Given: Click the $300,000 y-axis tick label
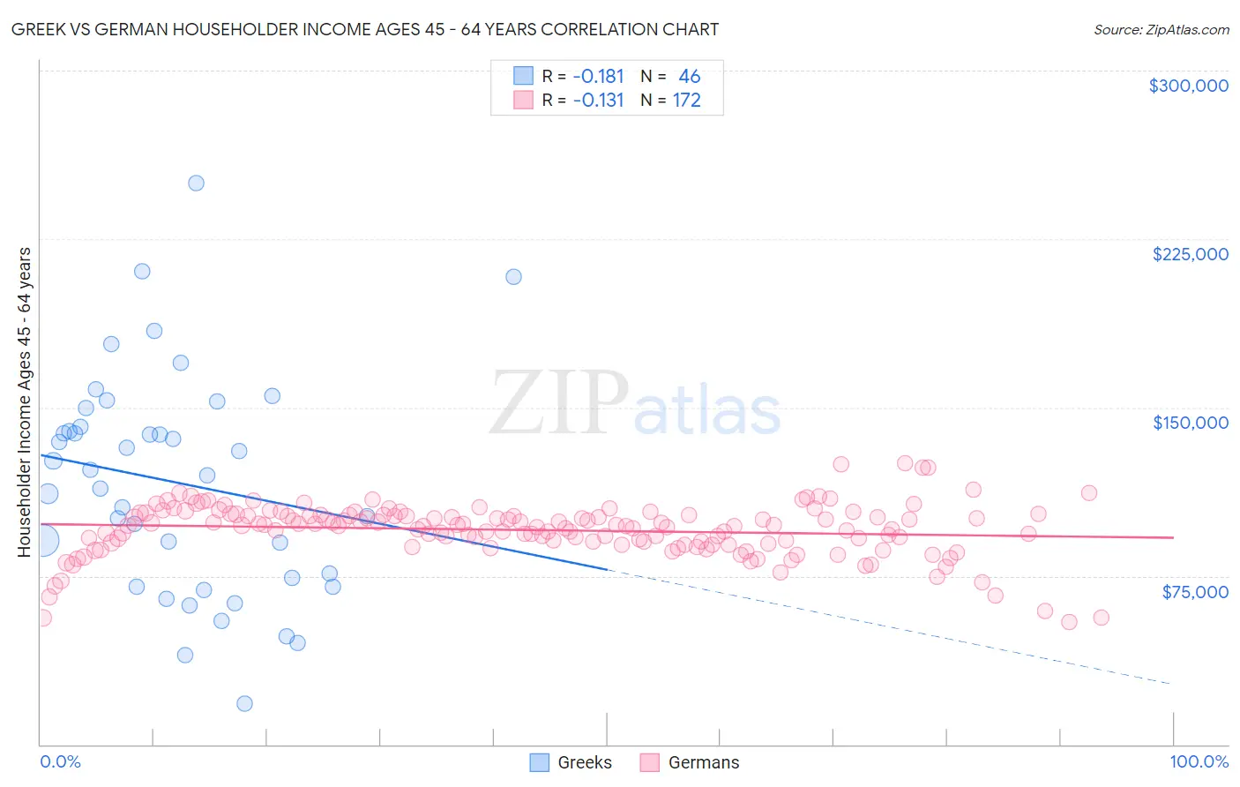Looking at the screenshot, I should pyautogui.click(x=1188, y=86).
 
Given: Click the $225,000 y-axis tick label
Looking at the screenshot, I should pyautogui.click(x=1190, y=254).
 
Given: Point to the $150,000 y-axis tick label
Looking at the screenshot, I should pyautogui.click(x=1190, y=423).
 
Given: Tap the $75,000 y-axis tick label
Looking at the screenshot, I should pyautogui.click(x=1194, y=592).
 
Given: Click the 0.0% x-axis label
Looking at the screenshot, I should pyautogui.click(x=60, y=761).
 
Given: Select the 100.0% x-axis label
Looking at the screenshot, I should pyautogui.click(x=1199, y=761).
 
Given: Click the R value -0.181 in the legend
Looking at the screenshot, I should pyautogui.click(x=598, y=77).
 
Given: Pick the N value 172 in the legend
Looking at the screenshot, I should pyautogui.click(x=686, y=101).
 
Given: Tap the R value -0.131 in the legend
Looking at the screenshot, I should pyautogui.click(x=598, y=101).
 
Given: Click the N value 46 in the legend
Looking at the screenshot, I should pyautogui.click(x=689, y=77).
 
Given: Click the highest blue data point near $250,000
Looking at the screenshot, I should pyautogui.click(x=196, y=184).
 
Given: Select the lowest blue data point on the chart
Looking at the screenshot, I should pyautogui.click(x=244, y=703).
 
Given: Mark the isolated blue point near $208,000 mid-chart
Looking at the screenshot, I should pyautogui.click(x=513, y=276).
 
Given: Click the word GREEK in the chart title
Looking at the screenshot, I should pyautogui.click(x=38, y=29).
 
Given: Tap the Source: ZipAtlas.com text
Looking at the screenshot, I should pyautogui.click(x=1161, y=30).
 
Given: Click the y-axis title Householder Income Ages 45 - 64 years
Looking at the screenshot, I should pyautogui.click(x=25, y=402).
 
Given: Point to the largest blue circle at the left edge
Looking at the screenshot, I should pyautogui.click(x=41, y=540).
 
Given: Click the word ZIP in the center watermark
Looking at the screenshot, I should pyautogui.click(x=558, y=403).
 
